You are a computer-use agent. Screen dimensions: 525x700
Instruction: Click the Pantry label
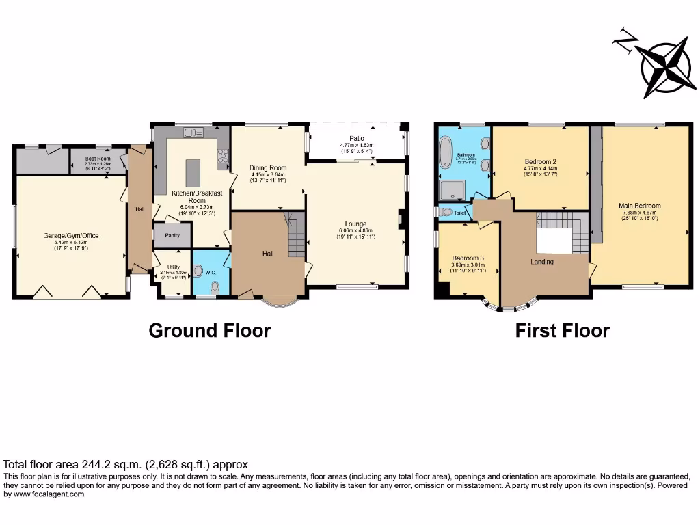(168, 234)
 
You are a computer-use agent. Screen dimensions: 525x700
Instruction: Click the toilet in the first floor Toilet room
(446, 211)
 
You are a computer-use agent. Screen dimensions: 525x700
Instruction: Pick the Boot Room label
(98, 158)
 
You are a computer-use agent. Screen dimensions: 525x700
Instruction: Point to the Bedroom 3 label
(468, 258)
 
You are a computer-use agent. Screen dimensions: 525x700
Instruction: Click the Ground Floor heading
(210, 331)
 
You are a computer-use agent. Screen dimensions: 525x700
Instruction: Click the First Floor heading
(562, 331)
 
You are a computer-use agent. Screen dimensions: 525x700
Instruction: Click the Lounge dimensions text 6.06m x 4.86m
(355, 231)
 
